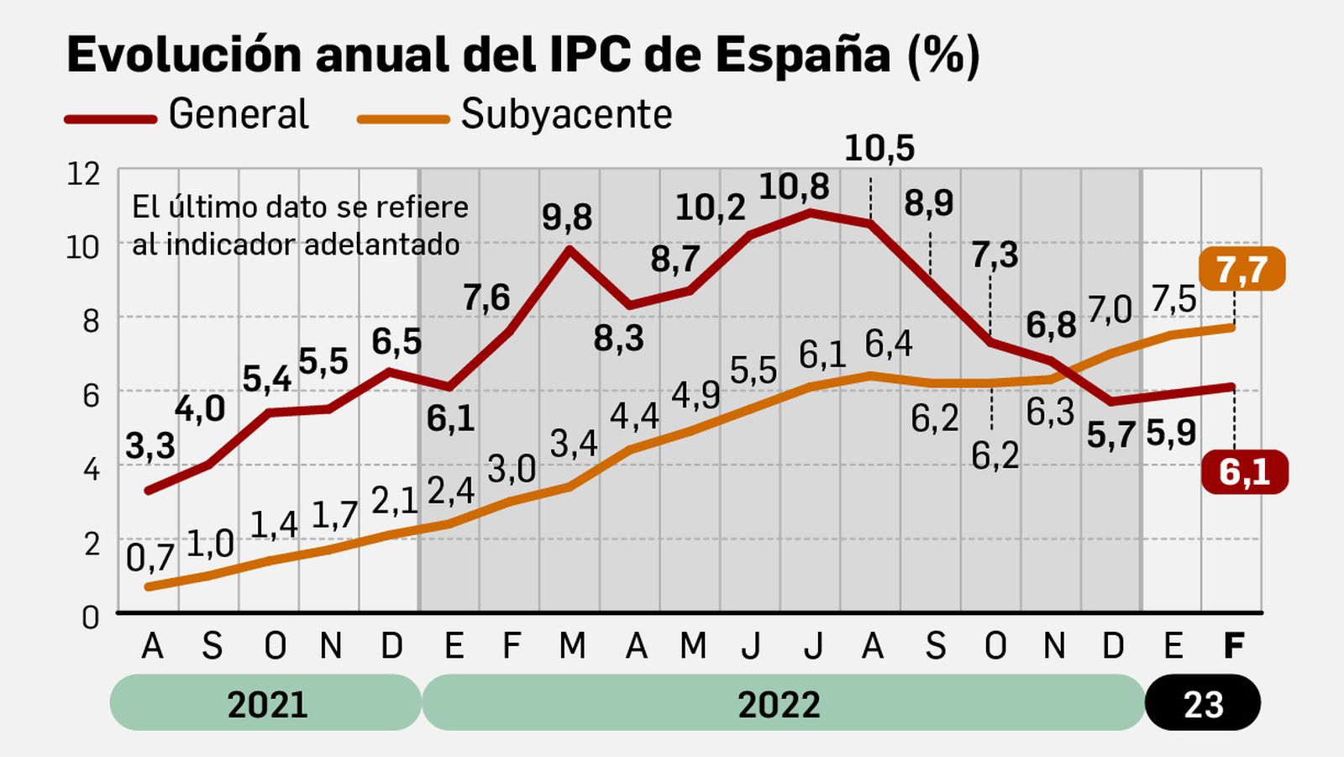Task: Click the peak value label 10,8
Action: [793, 187]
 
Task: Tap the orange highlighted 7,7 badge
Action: [1242, 270]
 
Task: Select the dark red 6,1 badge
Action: [1244, 472]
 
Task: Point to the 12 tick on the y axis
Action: [83, 174]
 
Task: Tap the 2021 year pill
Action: [266, 703]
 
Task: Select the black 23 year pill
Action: [1202, 703]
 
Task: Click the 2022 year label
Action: [779, 703]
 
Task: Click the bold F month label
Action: [1232, 646]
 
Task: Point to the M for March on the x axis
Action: [572, 646]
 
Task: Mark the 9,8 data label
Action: [566, 217]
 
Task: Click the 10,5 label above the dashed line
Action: [879, 149]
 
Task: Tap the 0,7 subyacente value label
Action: [150, 557]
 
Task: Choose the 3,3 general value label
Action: [150, 446]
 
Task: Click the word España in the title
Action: [803, 55]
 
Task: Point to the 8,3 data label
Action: [618, 339]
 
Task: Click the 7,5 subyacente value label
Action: [1173, 298]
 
